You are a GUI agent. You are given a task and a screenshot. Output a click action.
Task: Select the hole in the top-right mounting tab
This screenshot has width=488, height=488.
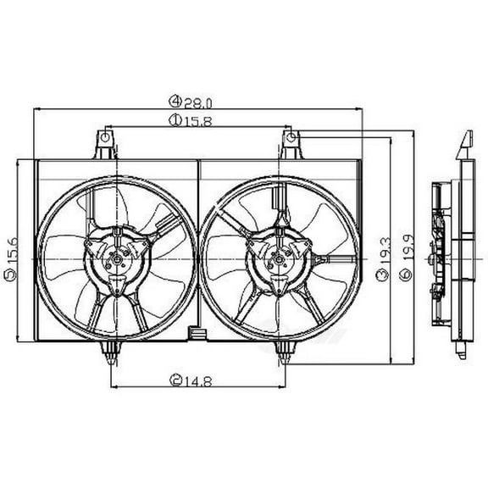coord(289,136)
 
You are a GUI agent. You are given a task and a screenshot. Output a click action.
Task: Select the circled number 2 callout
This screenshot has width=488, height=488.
coord(176,379)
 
